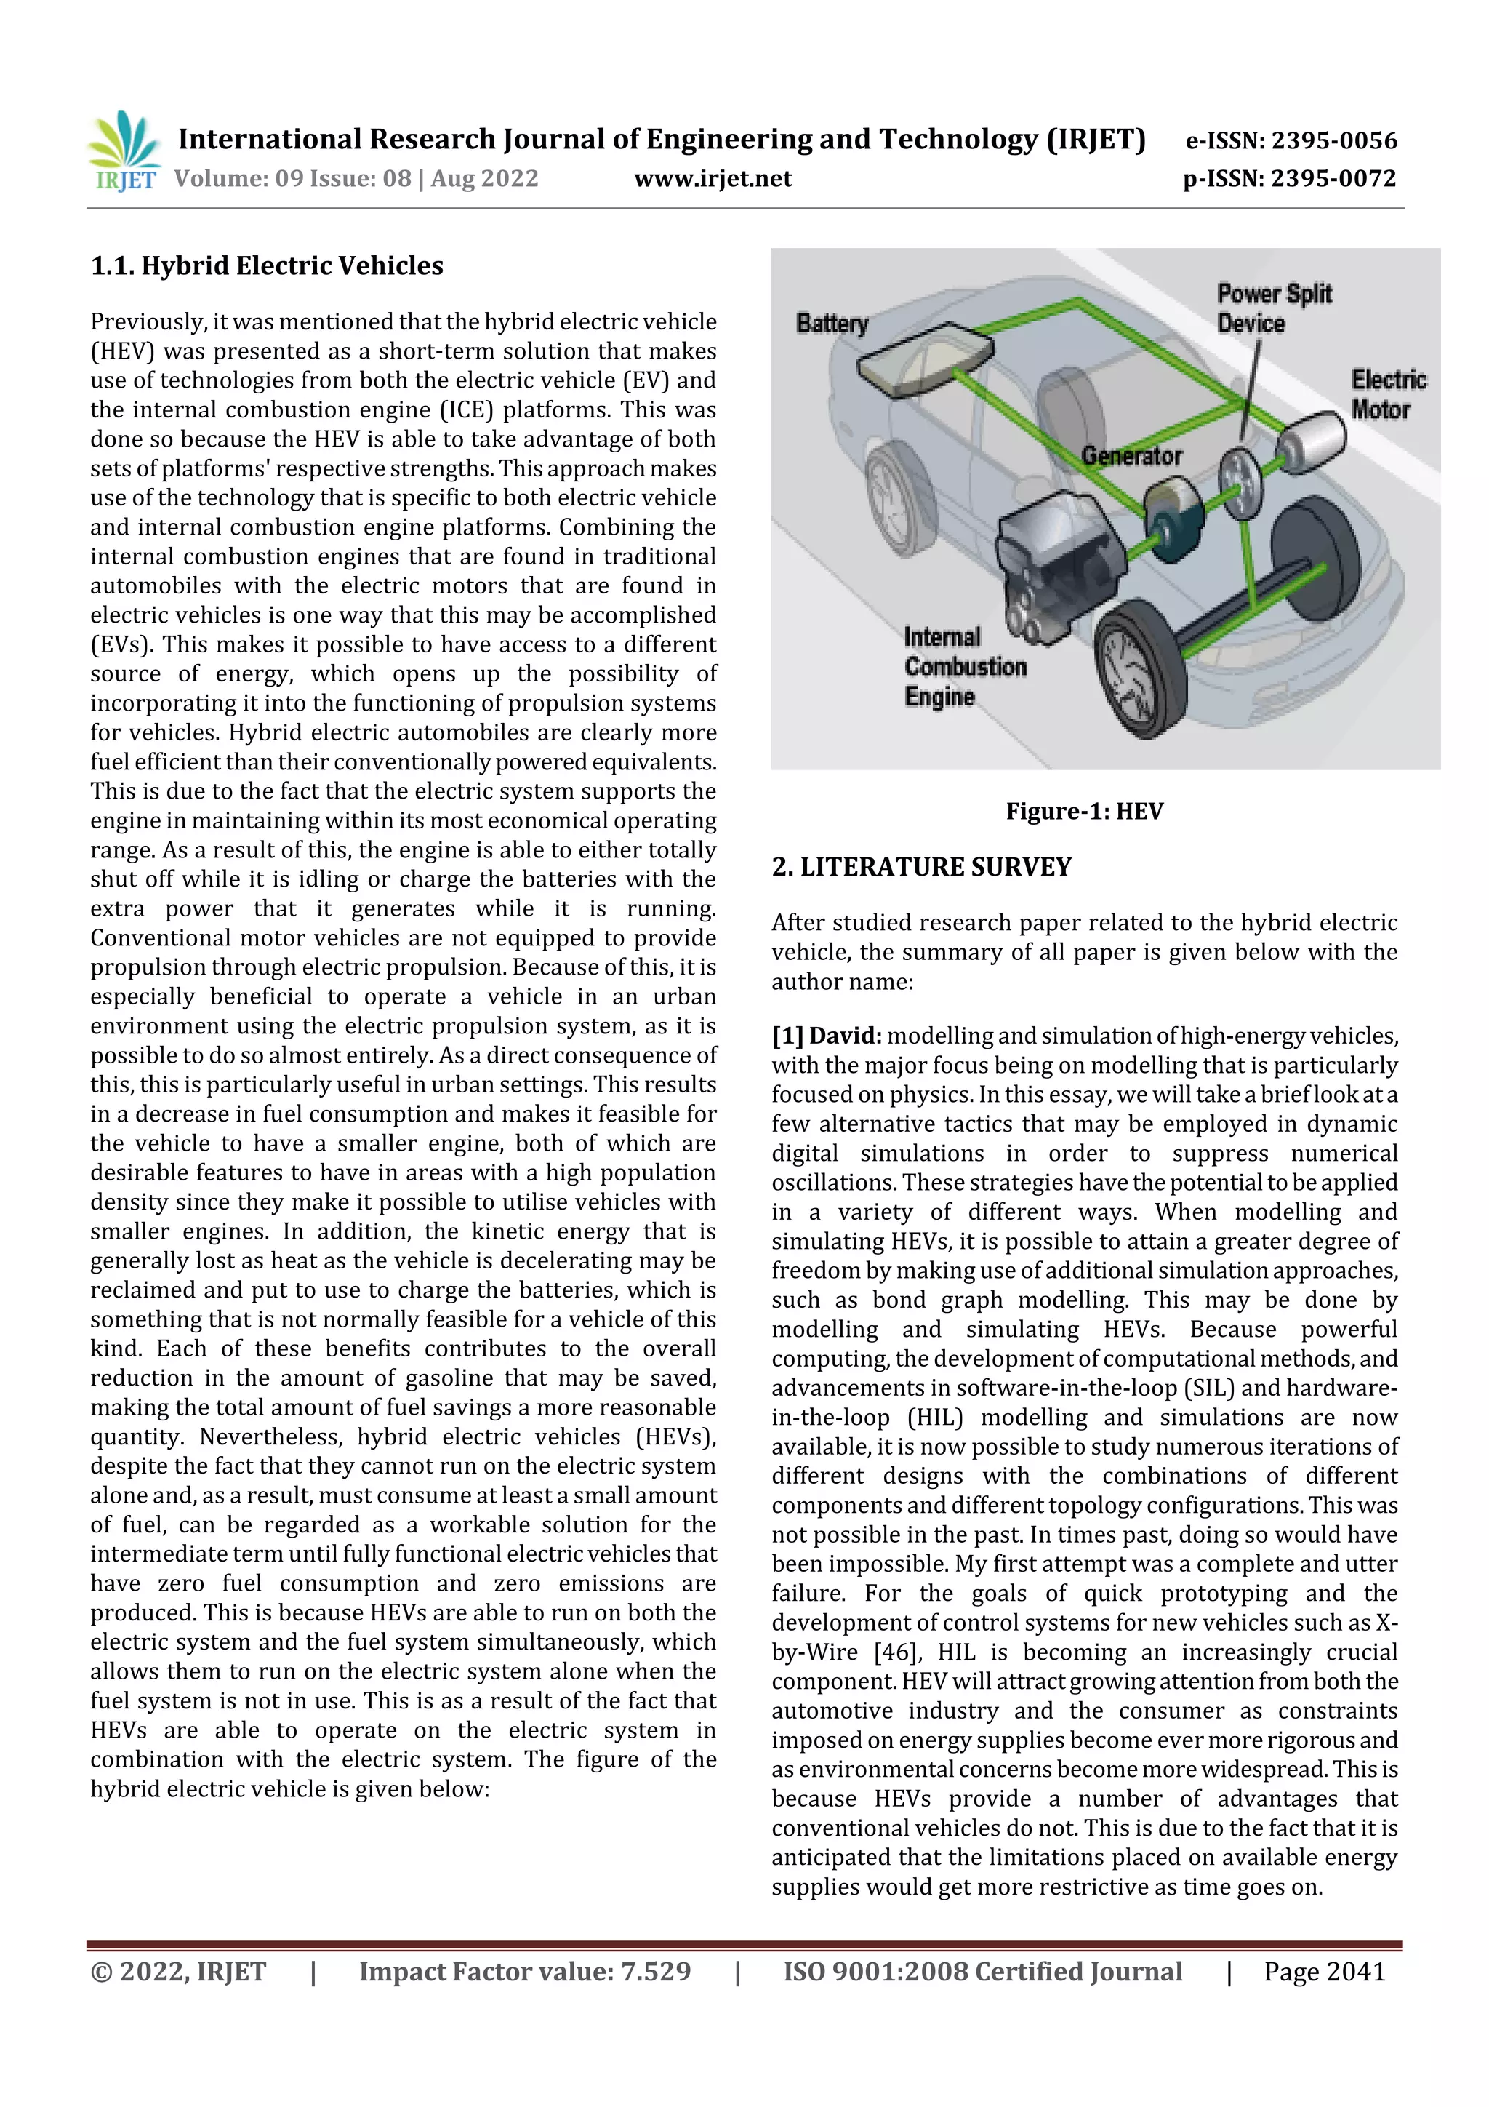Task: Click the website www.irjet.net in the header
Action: point(712,178)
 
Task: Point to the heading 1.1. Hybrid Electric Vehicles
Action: point(266,266)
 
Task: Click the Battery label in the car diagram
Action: point(831,323)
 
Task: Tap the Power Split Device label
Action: point(1272,308)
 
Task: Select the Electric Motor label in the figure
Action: point(1387,395)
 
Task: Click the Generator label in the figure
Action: point(1131,455)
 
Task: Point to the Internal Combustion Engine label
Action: point(963,666)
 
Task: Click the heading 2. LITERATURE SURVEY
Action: point(921,867)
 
